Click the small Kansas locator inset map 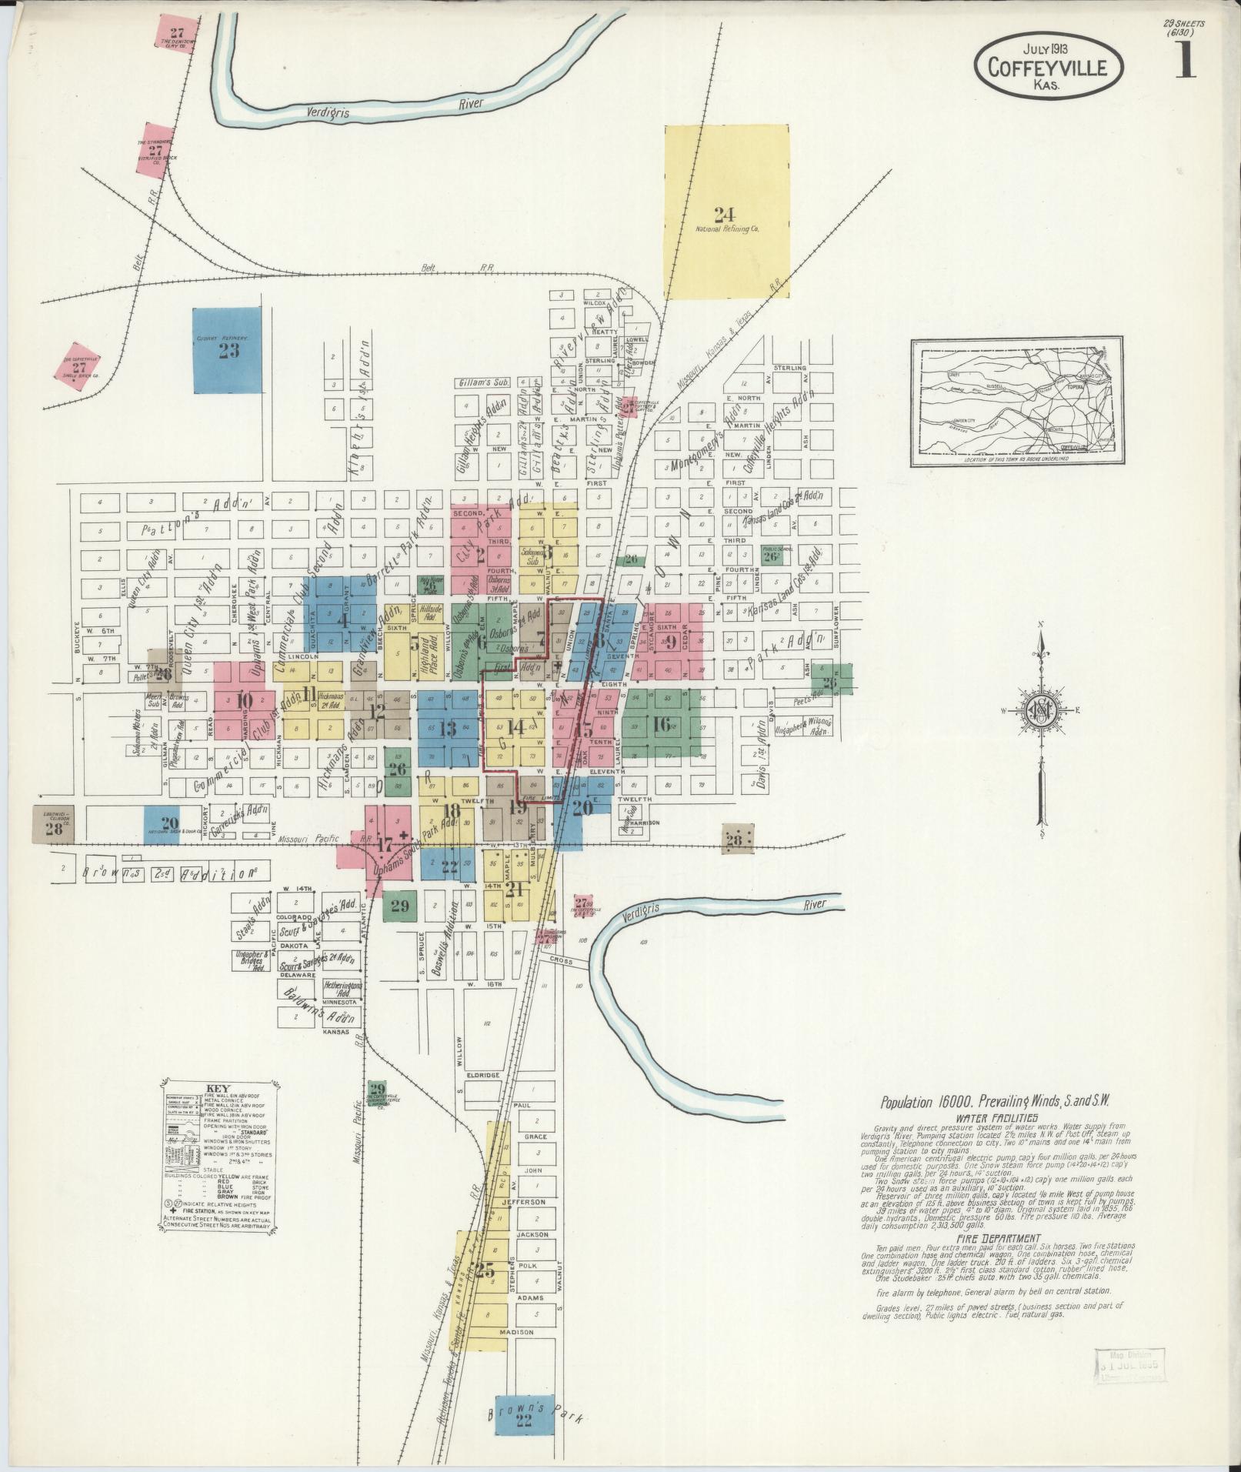pyautogui.click(x=1015, y=403)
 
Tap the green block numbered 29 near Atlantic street pyautogui.click(x=400, y=906)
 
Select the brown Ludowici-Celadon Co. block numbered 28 pyautogui.click(x=54, y=825)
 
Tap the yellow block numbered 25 pyautogui.click(x=485, y=1270)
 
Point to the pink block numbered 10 pyautogui.click(x=245, y=699)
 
